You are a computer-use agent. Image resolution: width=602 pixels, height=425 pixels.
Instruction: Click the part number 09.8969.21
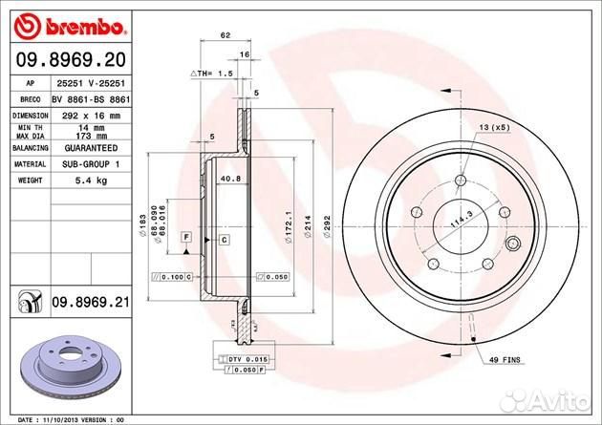pos(89,303)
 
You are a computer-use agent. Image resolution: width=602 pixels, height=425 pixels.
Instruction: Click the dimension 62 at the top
pos(226,35)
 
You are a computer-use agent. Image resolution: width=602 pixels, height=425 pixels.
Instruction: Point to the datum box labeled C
pos(223,239)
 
